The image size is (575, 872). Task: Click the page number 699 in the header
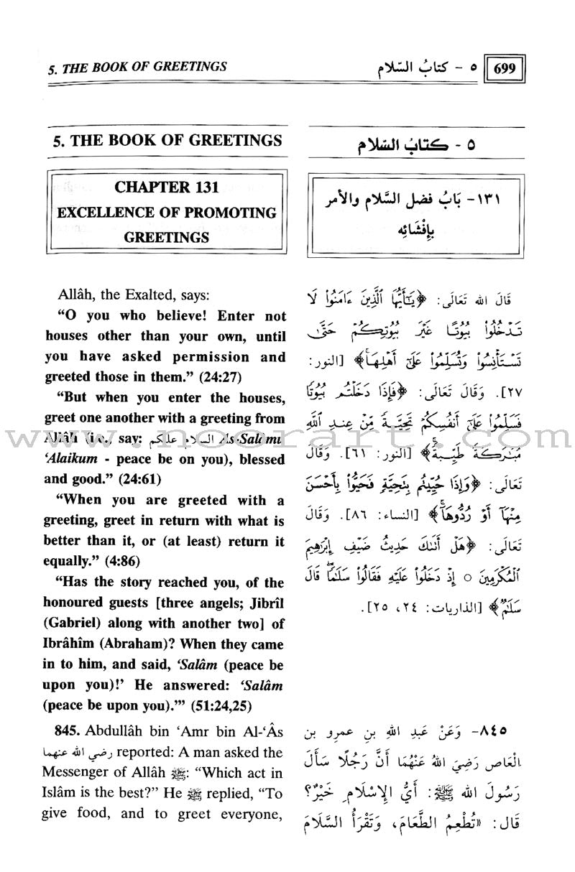click(506, 72)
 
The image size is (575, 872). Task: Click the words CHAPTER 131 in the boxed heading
click(165, 189)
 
